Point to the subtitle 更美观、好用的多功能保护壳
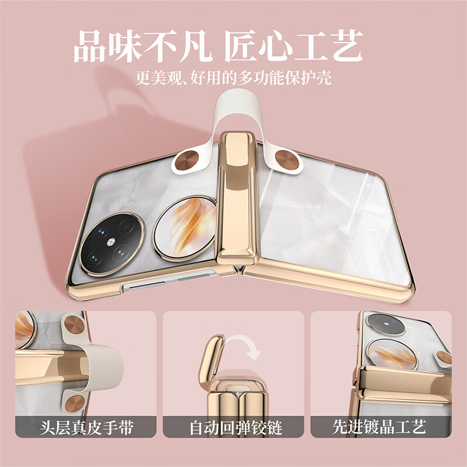tap(233, 78)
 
